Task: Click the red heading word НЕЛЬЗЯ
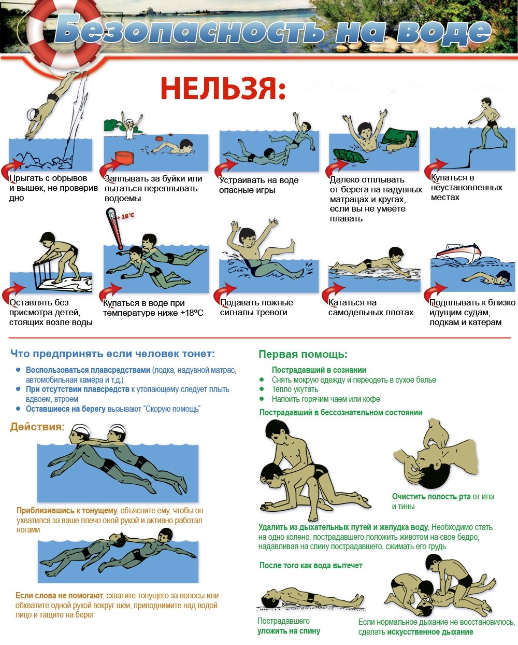pyautogui.click(x=223, y=89)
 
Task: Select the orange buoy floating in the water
pyautogui.click(x=124, y=157)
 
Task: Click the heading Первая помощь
pyautogui.click(x=303, y=355)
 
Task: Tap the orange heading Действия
pyautogui.click(x=37, y=427)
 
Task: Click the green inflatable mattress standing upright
pyautogui.click(x=399, y=137)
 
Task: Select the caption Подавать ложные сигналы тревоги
pyautogui.click(x=256, y=307)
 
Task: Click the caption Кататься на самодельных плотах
pyautogui.click(x=370, y=307)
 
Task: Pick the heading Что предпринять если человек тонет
pyautogui.click(x=112, y=354)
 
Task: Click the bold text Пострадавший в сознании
pyautogui.click(x=319, y=370)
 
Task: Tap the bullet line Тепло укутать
pyautogui.click(x=295, y=389)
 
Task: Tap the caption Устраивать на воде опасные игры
pyautogui.click(x=258, y=185)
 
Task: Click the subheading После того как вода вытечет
pyautogui.click(x=311, y=566)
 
